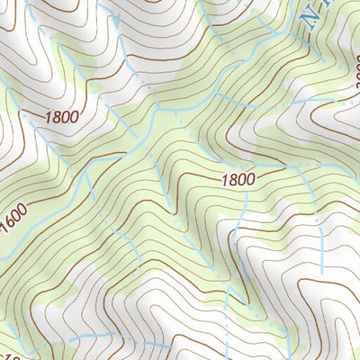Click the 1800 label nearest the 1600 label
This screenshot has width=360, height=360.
point(59,117)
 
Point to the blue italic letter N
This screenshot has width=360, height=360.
point(313,15)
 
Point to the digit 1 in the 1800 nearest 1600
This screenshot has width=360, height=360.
point(45,117)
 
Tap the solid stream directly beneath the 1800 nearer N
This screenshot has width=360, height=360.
point(242,216)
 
